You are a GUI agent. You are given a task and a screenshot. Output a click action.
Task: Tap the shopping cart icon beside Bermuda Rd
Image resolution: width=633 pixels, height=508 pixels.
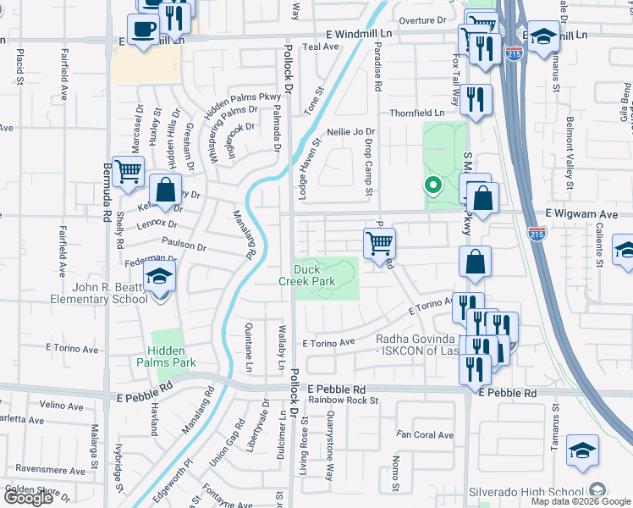(128, 171)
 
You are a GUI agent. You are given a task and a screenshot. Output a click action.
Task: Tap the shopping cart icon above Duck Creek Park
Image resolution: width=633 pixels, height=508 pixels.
(380, 243)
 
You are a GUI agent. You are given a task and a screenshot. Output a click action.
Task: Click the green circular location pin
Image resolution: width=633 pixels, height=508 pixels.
(432, 184)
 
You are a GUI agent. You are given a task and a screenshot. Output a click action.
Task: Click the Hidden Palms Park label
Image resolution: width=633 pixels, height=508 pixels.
(172, 356)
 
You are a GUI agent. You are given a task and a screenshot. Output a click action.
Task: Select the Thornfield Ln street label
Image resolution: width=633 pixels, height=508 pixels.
(416, 113)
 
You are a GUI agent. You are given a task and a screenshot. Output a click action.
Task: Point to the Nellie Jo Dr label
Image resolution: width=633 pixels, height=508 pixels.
(350, 132)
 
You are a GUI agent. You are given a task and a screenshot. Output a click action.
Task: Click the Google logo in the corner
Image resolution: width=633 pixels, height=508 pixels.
(28, 498)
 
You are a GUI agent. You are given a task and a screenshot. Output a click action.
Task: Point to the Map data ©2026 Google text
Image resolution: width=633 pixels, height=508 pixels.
(581, 501)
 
